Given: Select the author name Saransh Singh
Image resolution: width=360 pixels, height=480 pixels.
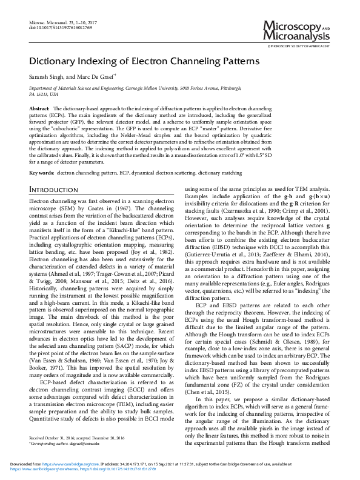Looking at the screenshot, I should point(47,78).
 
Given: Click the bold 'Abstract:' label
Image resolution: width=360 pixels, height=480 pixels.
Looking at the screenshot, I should point(40,107).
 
